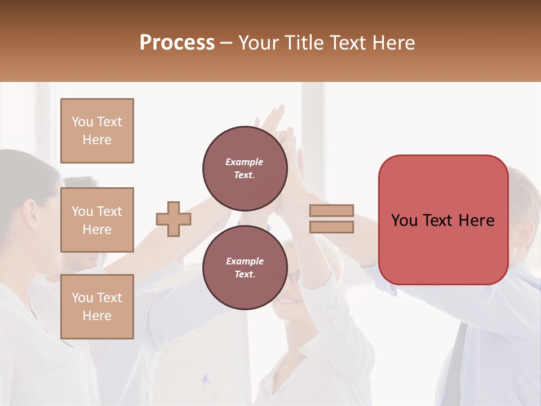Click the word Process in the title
[177, 43]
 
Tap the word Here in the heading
[394, 43]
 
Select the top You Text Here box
[97, 131]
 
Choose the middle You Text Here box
[97, 220]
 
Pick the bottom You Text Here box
[97, 307]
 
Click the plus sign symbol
[174, 219]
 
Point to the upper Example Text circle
[245, 169]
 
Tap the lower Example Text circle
[245, 268]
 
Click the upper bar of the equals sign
[332, 211]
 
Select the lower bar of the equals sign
[332, 227]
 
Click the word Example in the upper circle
[245, 162]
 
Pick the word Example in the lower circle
[245, 261]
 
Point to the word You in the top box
[82, 122]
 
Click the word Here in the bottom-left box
[97, 316]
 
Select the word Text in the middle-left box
[109, 211]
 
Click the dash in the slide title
[227, 43]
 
